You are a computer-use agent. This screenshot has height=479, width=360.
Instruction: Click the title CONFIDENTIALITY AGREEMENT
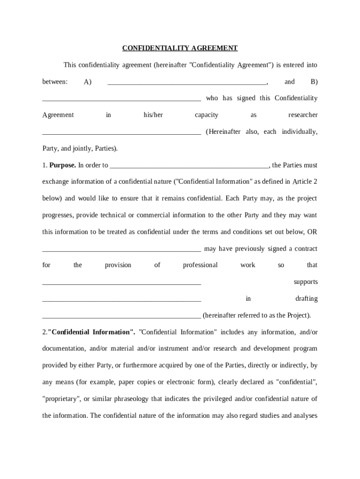pos(180,48)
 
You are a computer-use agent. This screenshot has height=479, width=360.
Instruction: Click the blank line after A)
pos(187,83)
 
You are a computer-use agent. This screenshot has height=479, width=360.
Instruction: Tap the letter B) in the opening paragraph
pos(314,82)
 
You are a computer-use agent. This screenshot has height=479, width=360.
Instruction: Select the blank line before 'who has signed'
pos(122,100)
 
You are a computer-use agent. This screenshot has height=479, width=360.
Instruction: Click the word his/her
pos(153,115)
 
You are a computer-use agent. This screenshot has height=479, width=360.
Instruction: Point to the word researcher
pos(302,115)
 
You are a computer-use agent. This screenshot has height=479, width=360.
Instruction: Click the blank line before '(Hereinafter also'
pos(122,133)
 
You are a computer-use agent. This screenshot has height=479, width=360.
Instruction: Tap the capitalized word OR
pos(312,232)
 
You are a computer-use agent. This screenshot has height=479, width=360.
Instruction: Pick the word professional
pos(200,265)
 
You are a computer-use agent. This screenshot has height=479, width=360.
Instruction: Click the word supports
pos(305,282)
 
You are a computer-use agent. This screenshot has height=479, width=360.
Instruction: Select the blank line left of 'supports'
pos(122,283)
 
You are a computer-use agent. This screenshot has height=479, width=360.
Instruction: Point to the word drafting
pos(306,299)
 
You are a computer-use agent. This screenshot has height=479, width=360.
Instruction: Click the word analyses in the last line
pos(306,415)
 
